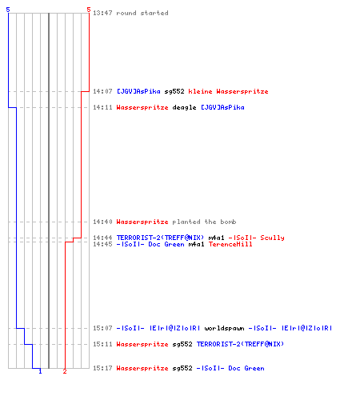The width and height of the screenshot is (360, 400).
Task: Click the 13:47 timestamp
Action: pyautogui.click(x=102, y=13)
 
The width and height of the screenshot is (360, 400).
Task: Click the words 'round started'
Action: pyautogui.click(x=142, y=13)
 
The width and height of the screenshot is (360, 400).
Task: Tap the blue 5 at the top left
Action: pyautogui.click(x=8, y=10)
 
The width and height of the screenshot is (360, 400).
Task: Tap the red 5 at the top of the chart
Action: pyautogui.click(x=89, y=10)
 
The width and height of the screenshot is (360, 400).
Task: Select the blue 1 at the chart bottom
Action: pyautogui.click(x=40, y=371)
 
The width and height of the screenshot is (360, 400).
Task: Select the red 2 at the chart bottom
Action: pyautogui.click(x=65, y=371)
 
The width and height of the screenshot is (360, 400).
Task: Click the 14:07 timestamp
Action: pyautogui.click(x=102, y=91)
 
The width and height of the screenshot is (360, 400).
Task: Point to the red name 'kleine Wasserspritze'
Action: pyautogui.click(x=228, y=91)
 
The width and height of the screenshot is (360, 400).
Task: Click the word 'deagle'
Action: pyautogui.click(x=184, y=107)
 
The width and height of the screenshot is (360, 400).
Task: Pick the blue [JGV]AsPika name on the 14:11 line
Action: pyautogui.click(x=222, y=107)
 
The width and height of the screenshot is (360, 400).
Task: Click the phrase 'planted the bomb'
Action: pyautogui.click(x=204, y=222)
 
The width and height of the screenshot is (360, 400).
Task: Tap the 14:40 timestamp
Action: pyautogui.click(x=102, y=222)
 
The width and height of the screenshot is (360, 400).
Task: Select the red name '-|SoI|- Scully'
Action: pyautogui.click(x=257, y=238)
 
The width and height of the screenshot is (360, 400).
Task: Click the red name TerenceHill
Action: pyautogui.click(x=230, y=244)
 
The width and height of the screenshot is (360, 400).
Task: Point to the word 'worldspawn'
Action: pyautogui.click(x=224, y=328)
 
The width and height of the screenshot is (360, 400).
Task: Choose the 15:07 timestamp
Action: pyautogui.click(x=102, y=328)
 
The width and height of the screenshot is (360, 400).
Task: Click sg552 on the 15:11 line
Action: pyautogui.click(x=182, y=344)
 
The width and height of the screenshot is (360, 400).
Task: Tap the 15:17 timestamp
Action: pyautogui.click(x=102, y=368)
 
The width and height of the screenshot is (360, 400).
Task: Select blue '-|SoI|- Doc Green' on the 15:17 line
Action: pyautogui.click(x=230, y=368)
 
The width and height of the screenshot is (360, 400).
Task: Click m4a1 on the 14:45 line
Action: pyautogui.click(x=196, y=244)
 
